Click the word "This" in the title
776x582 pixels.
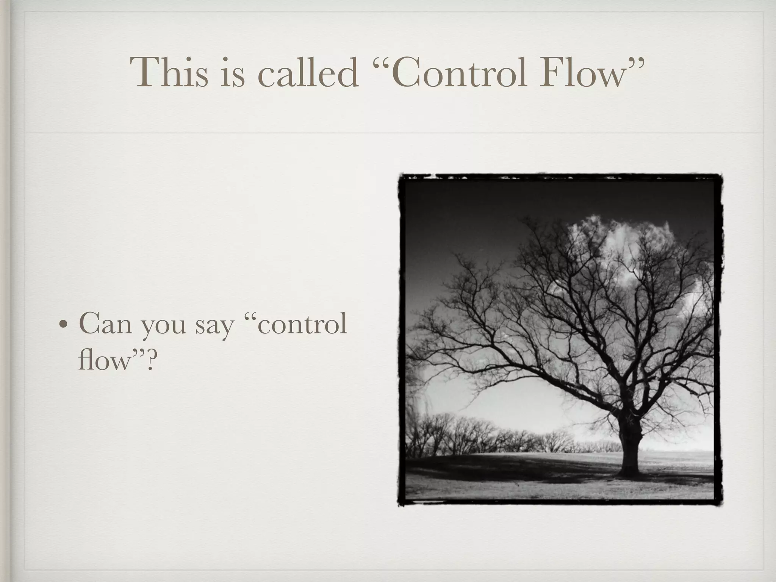(169, 73)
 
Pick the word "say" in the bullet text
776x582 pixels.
(215, 328)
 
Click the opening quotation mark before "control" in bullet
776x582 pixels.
(252, 316)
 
